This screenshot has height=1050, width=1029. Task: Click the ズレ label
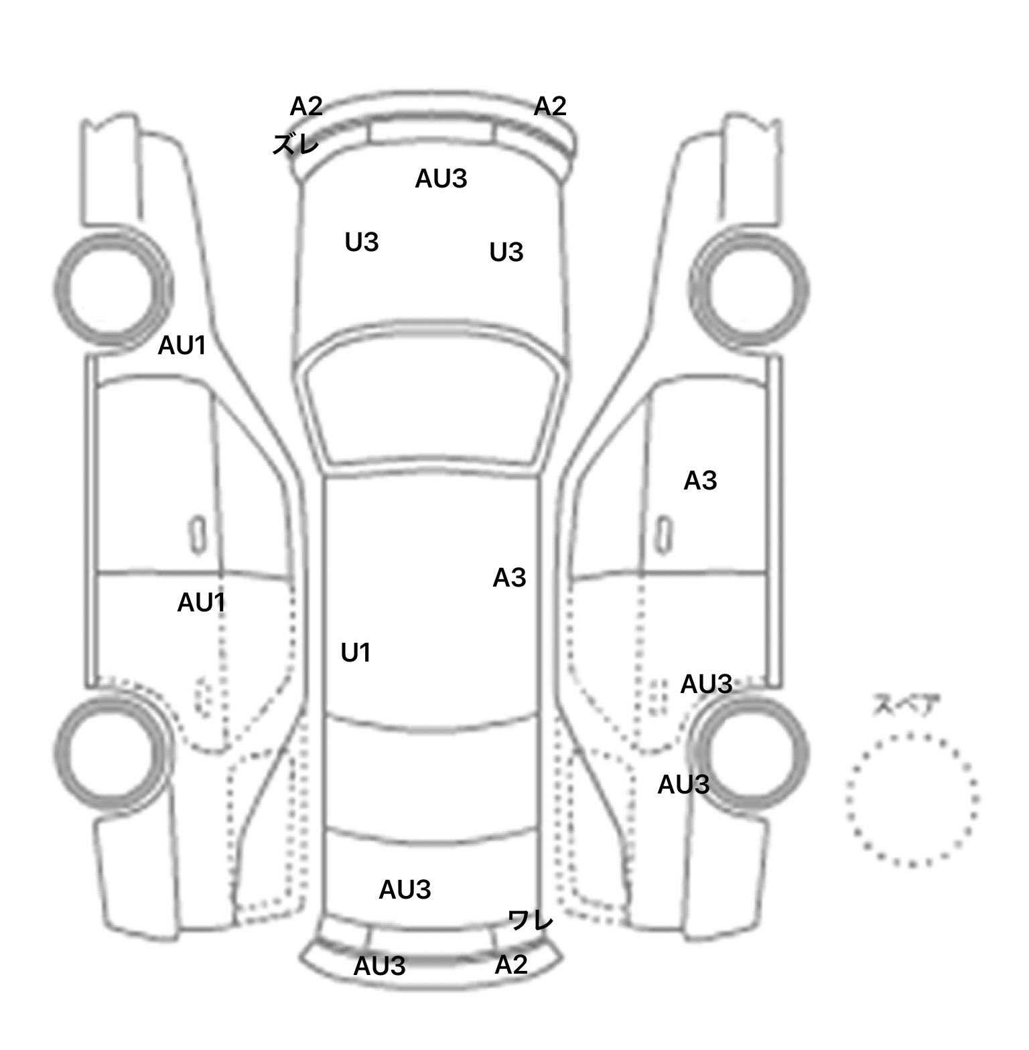295,144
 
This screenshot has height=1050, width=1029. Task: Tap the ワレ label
531,920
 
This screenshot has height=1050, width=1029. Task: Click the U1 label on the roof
356,652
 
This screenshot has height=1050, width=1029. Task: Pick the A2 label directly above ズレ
306,106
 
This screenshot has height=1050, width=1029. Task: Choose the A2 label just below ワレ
511,964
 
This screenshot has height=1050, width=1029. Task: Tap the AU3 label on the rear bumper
379,966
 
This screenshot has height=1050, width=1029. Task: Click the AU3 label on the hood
441,179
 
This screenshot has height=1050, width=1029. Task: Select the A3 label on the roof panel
509,577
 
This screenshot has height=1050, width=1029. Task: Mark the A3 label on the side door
700,480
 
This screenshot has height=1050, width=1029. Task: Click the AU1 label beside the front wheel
182,346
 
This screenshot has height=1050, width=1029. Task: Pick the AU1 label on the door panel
201,603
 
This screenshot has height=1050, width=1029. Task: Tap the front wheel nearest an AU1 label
111,289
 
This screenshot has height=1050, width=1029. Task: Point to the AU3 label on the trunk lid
405,889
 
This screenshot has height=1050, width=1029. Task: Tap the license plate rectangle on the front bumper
433,132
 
